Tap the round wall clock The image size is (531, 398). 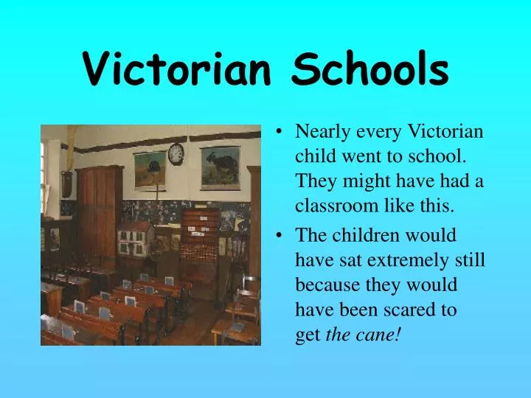(176, 153)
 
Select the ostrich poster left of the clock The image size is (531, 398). (149, 169)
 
